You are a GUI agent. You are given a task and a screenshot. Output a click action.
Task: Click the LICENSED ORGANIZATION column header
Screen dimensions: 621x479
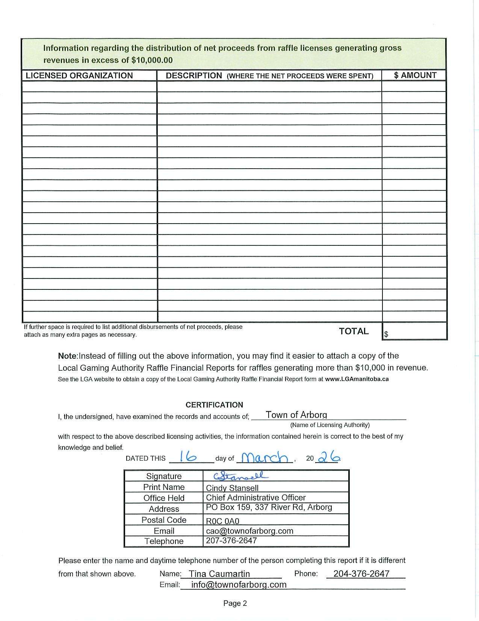pyautogui.click(x=79, y=76)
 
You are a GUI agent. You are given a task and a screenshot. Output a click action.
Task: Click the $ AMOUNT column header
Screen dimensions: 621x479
pyautogui.click(x=415, y=75)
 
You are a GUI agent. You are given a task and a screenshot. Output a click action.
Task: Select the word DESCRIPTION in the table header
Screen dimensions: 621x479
pyautogui.click(x=194, y=76)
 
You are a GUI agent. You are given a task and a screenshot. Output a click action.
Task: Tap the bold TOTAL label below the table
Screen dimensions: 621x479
pyautogui.click(x=354, y=331)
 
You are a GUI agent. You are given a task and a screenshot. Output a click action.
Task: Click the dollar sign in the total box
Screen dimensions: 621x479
pyautogui.click(x=386, y=334)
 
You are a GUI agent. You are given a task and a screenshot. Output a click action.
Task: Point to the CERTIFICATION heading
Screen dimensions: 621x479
pyautogui.click(x=214, y=405)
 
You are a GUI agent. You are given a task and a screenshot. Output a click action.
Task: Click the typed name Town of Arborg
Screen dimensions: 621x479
pyautogui.click(x=296, y=415)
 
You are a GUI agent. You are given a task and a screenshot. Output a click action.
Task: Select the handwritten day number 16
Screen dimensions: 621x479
pyautogui.click(x=188, y=457)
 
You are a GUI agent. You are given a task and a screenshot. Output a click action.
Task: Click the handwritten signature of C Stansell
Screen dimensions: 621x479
pyautogui.click(x=240, y=476)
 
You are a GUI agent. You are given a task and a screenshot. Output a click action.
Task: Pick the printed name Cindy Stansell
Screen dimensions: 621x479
pyautogui.click(x=232, y=488)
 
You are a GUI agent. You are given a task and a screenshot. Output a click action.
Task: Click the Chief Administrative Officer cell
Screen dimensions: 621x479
pyautogui.click(x=255, y=498)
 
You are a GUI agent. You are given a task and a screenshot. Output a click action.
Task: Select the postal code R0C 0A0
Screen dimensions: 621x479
pyautogui.click(x=222, y=521)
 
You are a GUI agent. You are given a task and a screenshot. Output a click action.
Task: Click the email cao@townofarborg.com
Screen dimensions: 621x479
pyautogui.click(x=249, y=531)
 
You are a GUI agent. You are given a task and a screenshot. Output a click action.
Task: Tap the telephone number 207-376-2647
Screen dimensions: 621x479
pyautogui.click(x=231, y=541)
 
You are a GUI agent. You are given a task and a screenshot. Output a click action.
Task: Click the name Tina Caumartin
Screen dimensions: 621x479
pyautogui.click(x=219, y=574)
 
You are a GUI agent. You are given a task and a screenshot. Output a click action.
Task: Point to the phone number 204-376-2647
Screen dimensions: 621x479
pyautogui.click(x=361, y=574)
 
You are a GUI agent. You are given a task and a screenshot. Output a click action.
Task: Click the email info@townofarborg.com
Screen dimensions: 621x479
pyautogui.click(x=239, y=584)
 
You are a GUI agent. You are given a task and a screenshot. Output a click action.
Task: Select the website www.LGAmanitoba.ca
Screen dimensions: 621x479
pyautogui.click(x=357, y=379)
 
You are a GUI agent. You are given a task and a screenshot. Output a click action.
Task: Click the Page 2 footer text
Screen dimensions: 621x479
pyautogui.click(x=235, y=603)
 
